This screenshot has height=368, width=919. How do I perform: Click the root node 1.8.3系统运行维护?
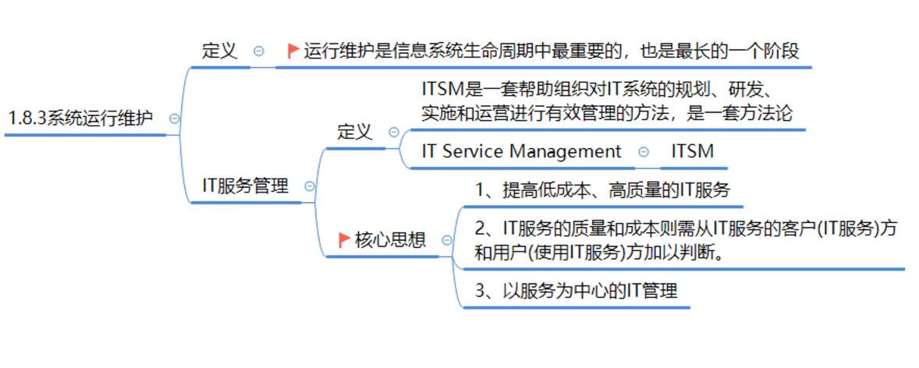click(80, 119)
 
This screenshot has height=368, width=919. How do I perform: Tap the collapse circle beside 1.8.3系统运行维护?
click(174, 119)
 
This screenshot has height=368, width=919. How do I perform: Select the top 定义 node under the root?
click(219, 51)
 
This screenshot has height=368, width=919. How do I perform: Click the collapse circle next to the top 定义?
click(259, 51)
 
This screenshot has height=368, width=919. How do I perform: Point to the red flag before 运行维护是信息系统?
click(293, 51)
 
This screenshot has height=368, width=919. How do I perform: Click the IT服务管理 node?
click(245, 186)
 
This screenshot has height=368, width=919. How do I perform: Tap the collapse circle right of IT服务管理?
click(310, 186)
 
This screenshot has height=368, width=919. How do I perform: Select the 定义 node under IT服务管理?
click(354, 132)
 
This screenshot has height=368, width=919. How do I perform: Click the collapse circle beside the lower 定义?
click(394, 133)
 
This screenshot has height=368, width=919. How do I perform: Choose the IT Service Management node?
click(521, 151)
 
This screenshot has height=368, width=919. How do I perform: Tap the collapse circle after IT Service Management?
click(643, 152)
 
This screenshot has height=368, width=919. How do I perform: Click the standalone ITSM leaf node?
click(692, 151)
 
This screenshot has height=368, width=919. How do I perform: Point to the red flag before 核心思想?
click(344, 240)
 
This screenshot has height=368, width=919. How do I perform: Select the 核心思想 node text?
click(390, 240)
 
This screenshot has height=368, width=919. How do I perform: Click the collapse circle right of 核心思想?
click(446, 240)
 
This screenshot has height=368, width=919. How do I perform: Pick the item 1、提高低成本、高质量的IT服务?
click(602, 189)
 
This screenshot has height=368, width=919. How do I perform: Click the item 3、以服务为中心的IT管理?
click(576, 291)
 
